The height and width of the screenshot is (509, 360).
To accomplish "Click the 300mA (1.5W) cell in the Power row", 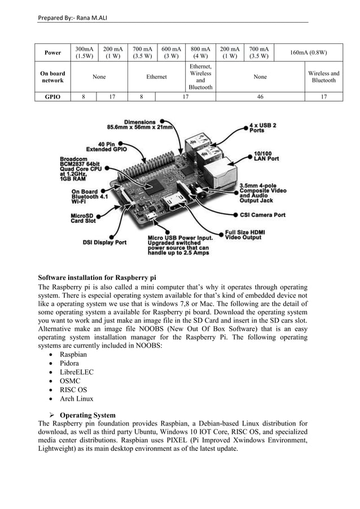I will (85, 53).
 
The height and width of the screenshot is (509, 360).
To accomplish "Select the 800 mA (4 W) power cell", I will (200, 53).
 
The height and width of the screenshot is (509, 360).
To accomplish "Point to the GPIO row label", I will (52, 96).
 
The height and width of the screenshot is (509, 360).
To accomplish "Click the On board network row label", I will (52, 77).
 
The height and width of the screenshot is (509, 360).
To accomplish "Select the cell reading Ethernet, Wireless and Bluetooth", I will (200, 77).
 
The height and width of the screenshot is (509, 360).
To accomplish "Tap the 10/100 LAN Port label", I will (265, 155).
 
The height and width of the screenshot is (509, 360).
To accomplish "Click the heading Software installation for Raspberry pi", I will (96, 278).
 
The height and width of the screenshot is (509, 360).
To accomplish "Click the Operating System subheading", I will (87, 415).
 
